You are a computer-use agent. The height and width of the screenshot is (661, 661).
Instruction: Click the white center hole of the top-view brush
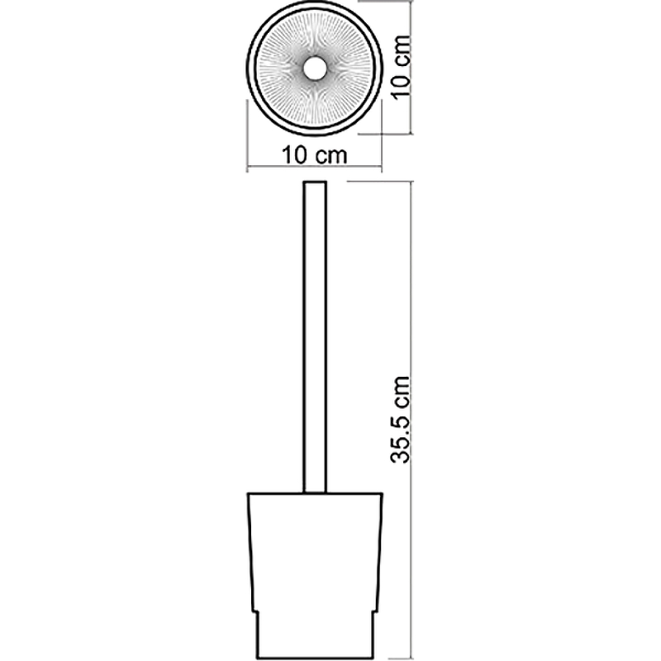click(315, 69)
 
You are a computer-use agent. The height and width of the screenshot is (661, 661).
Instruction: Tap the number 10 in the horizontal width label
click(294, 155)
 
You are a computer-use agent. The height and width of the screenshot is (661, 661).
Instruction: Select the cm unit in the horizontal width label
click(331, 156)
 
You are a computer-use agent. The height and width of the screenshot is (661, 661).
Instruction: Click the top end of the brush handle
click(315, 182)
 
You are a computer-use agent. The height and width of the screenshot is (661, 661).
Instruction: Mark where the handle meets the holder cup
click(315, 492)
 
